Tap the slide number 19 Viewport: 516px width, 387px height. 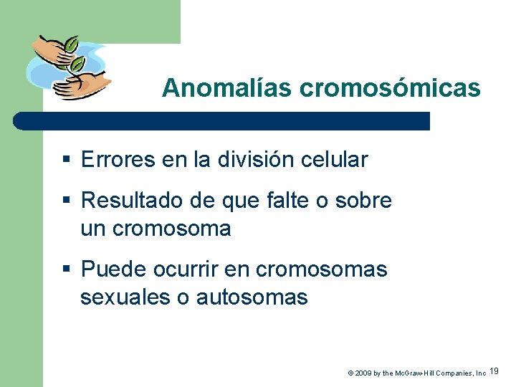click(494, 371)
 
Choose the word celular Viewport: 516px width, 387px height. click(337, 160)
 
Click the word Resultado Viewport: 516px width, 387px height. click(130, 201)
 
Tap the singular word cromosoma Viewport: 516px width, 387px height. click(171, 229)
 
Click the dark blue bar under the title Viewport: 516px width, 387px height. click(222, 120)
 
